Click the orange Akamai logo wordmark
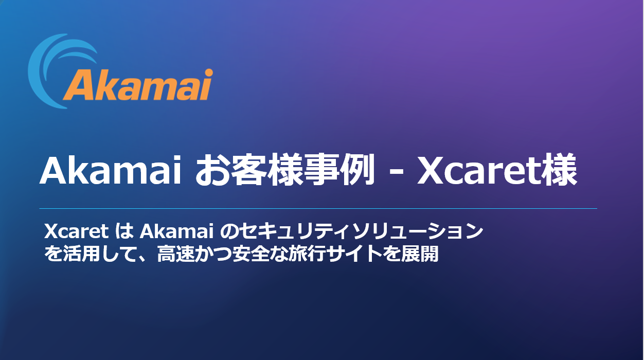coord(138,85)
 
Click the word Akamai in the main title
coord(111,171)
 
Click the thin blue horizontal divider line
coord(318,208)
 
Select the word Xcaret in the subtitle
coord(77,231)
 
